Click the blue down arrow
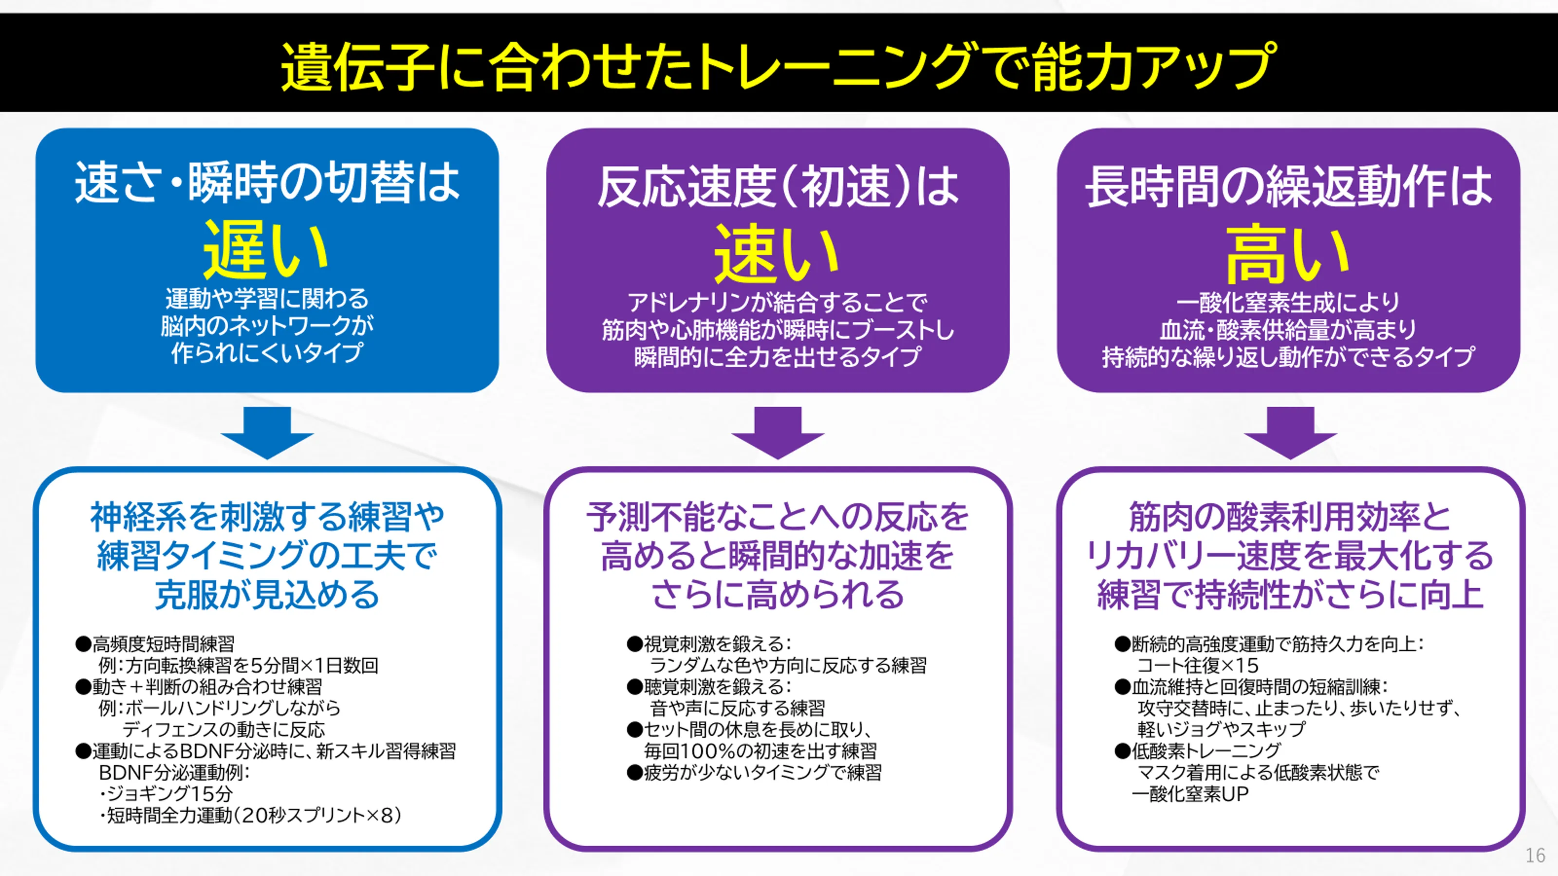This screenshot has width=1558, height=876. click(267, 432)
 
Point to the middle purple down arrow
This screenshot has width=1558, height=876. click(778, 432)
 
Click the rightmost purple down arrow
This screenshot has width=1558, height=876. click(1290, 432)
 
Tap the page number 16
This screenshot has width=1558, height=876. click(1535, 856)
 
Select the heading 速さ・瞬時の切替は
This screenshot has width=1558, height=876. click(267, 182)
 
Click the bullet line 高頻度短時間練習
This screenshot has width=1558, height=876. click(162, 644)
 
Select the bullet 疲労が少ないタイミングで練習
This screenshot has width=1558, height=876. click(762, 772)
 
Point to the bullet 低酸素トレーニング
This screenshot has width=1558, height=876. click(1206, 751)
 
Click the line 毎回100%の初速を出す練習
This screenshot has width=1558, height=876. click(760, 751)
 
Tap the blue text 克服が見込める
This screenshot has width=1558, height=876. click(267, 594)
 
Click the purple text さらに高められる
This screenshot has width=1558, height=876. click(778, 594)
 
